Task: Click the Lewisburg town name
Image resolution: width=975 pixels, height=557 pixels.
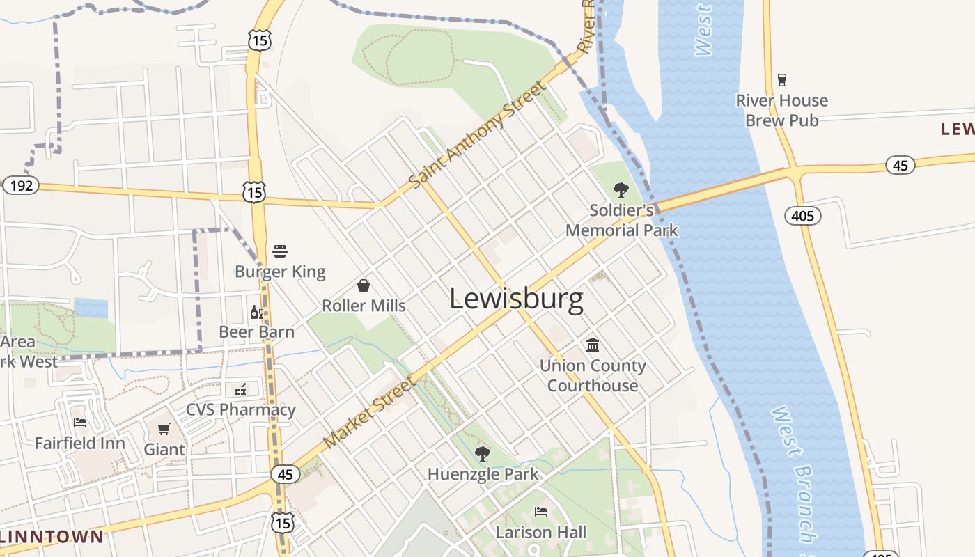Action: tap(516, 299)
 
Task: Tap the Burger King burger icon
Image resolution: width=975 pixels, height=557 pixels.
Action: tap(280, 251)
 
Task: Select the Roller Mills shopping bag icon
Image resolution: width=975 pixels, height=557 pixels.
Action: tap(363, 285)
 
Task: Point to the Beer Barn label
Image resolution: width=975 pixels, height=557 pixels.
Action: tap(256, 331)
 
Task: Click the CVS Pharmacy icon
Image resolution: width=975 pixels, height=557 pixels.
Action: tap(241, 389)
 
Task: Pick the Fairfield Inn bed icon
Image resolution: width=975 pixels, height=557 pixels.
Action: tap(80, 423)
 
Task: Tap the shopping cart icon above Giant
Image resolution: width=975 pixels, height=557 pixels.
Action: tap(164, 429)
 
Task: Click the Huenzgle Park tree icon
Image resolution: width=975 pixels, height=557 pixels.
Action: tap(482, 455)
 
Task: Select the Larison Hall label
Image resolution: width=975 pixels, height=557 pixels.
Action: tap(540, 533)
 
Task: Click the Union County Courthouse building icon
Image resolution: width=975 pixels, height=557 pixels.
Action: tap(593, 345)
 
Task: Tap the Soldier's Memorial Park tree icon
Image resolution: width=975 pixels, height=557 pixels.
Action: tap(621, 189)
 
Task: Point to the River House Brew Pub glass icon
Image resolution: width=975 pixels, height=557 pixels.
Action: tap(781, 79)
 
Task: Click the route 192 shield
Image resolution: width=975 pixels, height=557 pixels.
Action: tap(21, 186)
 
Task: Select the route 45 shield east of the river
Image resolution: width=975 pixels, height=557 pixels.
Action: tap(900, 165)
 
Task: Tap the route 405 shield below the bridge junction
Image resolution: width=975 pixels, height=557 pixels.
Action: tap(803, 216)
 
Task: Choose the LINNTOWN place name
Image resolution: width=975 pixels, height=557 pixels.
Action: tap(52, 537)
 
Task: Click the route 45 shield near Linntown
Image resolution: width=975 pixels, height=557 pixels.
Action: tap(285, 474)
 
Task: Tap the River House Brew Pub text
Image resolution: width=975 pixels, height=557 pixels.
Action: tap(781, 110)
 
